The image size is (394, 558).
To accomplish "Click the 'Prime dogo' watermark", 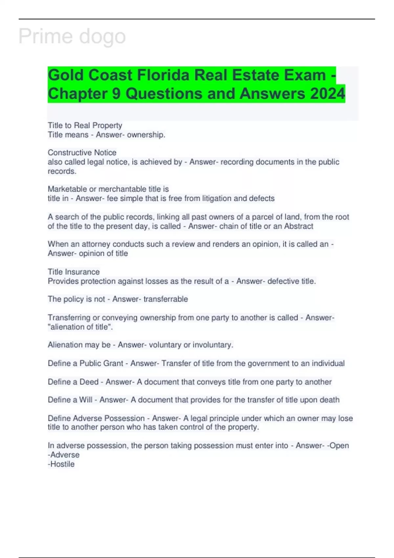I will click(x=72, y=36).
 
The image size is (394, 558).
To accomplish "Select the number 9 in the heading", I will click(x=117, y=94).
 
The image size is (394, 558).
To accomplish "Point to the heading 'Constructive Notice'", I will click(x=82, y=153).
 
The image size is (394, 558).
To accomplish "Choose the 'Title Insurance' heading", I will click(x=74, y=272).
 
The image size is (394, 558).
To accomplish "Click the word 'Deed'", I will click(x=89, y=382).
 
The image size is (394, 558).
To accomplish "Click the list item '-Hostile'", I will click(x=61, y=464).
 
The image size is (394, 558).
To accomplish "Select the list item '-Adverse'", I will click(x=64, y=455).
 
